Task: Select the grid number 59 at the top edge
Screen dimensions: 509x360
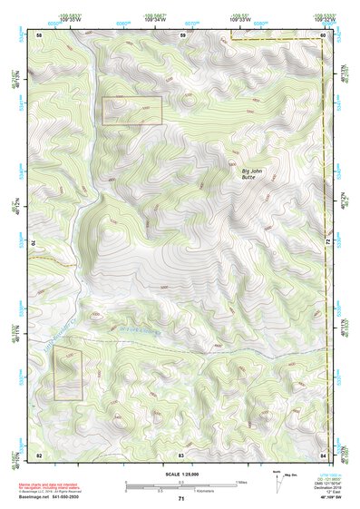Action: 181,34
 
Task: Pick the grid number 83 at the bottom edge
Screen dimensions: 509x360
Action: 181,453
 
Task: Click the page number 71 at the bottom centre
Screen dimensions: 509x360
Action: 181,498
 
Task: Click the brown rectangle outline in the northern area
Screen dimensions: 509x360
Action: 131,111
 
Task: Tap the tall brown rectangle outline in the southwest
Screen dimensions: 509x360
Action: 67,373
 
